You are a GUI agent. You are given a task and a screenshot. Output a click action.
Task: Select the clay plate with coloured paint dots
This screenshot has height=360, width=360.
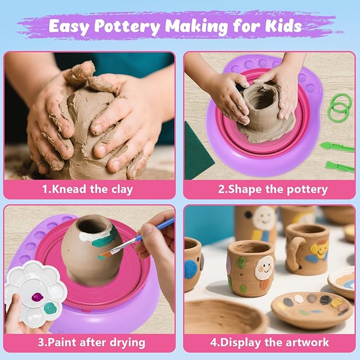pos(312,308)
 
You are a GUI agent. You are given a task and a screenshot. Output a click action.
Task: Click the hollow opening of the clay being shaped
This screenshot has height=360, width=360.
pos(264,98)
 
